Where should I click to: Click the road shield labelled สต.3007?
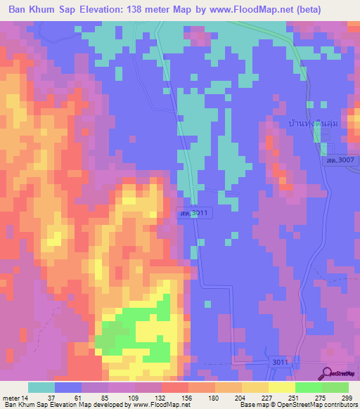tap(337, 161)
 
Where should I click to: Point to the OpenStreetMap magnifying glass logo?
tap(326, 373)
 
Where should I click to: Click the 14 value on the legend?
tap(25, 397)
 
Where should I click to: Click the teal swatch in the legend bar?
tap(41, 387)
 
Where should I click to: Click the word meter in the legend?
tap(11, 397)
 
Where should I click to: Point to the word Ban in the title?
tap(19, 10)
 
